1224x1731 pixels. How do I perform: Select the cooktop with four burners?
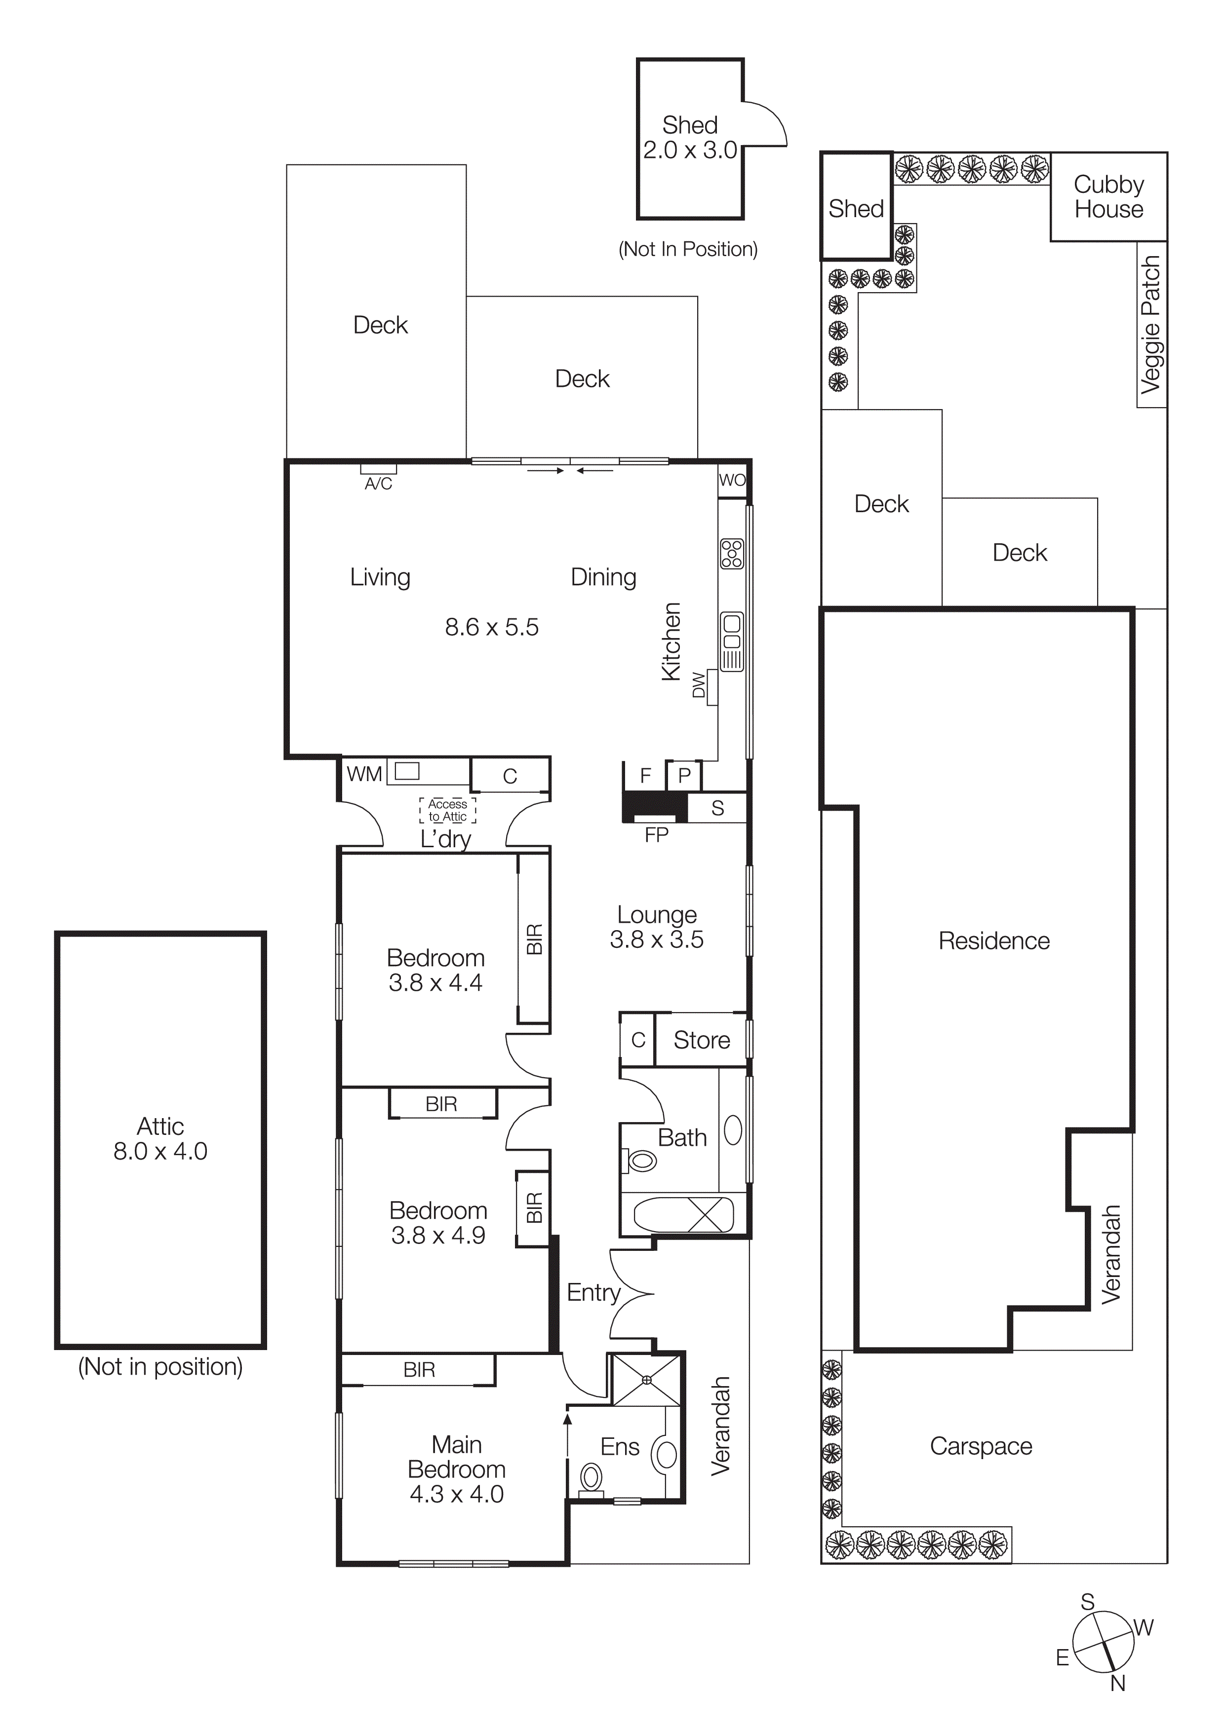pos(732,553)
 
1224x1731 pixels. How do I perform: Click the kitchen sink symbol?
pos(732,641)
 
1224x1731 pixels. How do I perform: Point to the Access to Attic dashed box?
pos(447,810)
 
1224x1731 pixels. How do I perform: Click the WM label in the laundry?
pos(364,774)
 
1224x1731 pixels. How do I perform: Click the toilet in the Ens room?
pos(591,1479)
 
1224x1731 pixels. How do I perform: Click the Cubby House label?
pos(1108,197)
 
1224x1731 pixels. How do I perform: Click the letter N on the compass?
pos(1118,1684)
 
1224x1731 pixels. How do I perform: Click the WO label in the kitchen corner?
pos(732,480)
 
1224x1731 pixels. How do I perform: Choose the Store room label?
pos(701,1040)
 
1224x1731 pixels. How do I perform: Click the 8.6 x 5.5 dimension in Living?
pos(492,627)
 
